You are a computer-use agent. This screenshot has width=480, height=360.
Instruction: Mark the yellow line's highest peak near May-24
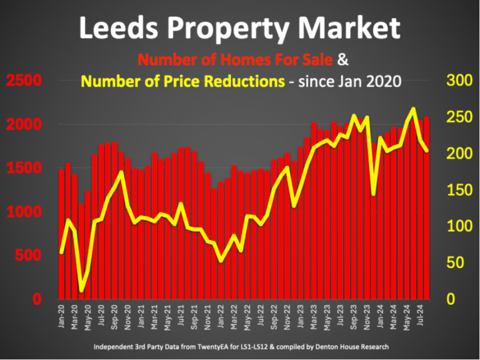pyautogui.click(x=413, y=109)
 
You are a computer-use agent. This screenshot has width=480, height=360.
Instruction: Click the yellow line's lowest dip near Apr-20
pyautogui.click(x=82, y=291)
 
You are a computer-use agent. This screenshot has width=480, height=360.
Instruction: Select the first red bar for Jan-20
pyautogui.click(x=61, y=234)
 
